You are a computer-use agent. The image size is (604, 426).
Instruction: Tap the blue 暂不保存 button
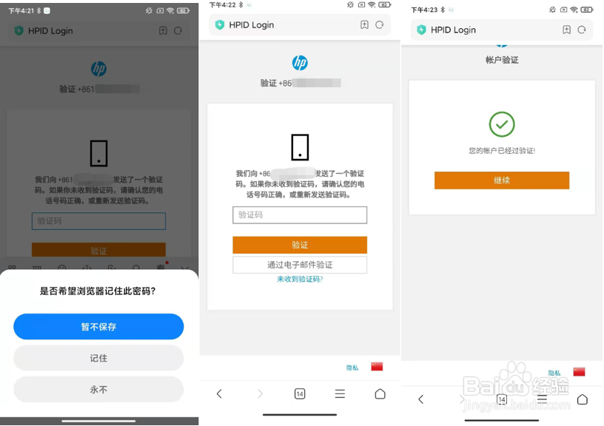98,326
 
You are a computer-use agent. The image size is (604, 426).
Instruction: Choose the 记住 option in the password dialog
98,358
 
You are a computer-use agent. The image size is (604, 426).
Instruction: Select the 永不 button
98,389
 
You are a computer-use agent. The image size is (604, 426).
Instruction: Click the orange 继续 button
501,180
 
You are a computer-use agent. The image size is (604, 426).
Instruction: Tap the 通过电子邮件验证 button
300,265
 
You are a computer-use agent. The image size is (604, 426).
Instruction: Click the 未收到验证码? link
300,280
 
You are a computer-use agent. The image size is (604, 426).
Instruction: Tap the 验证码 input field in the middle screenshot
300,215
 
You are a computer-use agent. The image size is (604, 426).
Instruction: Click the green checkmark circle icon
502,124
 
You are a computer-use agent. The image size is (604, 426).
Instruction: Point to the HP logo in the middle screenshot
300,63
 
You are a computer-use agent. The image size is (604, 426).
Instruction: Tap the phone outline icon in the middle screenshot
300,147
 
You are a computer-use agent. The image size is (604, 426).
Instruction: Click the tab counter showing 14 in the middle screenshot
300,394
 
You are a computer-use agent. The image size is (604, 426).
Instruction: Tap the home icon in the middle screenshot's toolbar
380,394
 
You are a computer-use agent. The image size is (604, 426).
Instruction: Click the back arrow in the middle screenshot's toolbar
219,394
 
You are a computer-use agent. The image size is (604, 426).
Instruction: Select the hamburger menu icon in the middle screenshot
340,394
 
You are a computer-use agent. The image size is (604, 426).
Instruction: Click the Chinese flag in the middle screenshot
377,367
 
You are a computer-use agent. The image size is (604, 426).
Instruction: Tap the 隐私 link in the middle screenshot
352,368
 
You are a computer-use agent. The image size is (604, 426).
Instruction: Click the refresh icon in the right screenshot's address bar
582,30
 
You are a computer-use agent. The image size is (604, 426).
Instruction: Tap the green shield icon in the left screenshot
19,31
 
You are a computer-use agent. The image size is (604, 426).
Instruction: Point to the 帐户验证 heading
502,60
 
